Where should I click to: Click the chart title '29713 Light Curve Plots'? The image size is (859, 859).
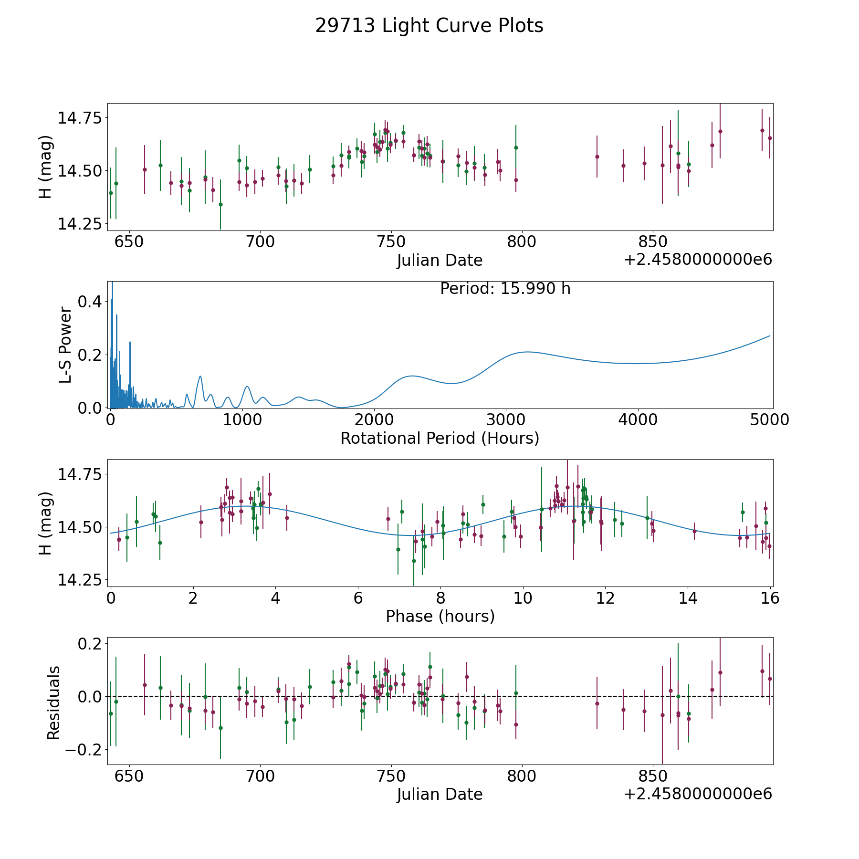429,26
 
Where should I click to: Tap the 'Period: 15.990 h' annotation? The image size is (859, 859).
505,289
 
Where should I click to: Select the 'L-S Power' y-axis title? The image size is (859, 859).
65,345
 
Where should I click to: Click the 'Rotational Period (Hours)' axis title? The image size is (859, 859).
440,438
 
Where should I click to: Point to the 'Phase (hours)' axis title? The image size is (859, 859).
440,616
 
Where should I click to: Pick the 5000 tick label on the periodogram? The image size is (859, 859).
769,420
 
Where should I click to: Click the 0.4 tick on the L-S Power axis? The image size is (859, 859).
89,302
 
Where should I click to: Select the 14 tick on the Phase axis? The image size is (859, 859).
688,598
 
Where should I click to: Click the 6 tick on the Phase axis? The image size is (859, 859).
358,598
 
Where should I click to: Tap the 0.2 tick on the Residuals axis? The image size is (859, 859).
89,644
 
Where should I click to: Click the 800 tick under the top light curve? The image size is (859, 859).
522,242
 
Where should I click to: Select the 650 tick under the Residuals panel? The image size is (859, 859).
129,776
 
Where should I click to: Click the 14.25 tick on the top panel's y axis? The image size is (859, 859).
79,223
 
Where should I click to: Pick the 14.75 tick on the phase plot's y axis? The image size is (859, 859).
79,474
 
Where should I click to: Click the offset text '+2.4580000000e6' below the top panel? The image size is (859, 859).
698,260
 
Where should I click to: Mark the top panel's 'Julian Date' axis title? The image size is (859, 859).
440,261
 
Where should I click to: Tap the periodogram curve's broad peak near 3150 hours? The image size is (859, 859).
527,352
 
